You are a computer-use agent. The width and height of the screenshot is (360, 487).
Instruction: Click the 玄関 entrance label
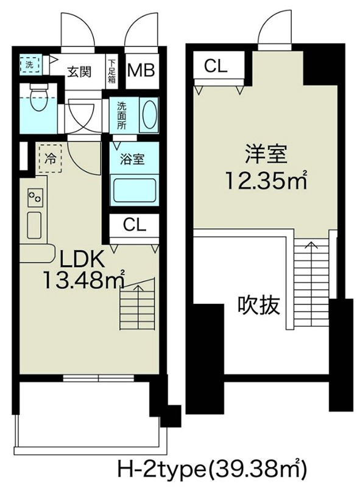click(79, 71)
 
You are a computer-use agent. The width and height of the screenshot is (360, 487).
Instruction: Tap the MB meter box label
click(141, 69)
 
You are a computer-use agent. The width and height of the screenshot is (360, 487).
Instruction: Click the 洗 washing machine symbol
click(27, 64)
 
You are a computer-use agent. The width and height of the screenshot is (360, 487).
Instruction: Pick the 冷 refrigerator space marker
click(50, 159)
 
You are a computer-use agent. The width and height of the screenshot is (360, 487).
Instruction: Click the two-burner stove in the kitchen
click(34, 198)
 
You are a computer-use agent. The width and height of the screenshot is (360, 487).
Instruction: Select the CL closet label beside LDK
click(135, 225)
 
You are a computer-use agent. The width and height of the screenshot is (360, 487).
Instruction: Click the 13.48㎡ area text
click(82, 281)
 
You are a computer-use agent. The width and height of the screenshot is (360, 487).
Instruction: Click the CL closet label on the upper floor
click(216, 66)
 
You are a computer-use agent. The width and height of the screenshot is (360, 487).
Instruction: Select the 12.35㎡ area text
click(265, 181)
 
